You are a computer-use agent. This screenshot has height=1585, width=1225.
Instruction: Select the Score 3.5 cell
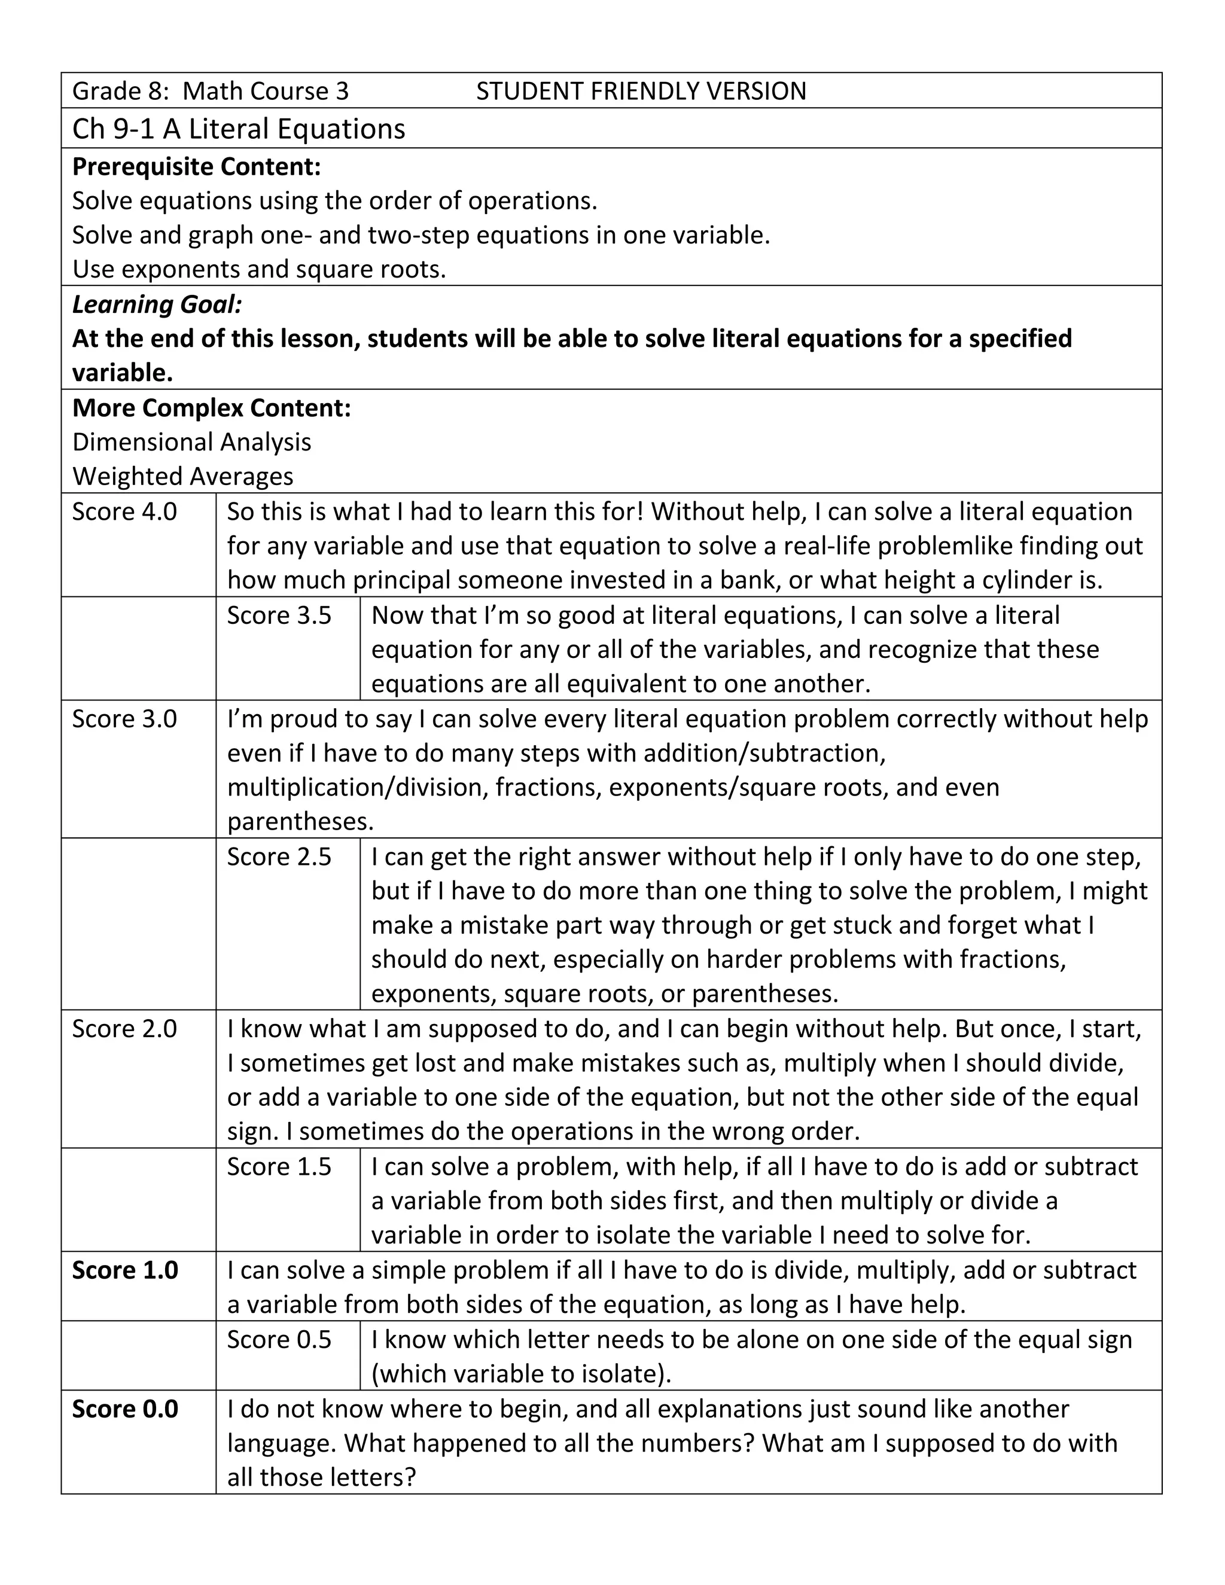tap(279, 615)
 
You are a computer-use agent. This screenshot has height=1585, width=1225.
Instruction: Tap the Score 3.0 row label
tap(124, 718)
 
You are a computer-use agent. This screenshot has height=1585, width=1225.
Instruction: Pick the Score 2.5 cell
tap(279, 856)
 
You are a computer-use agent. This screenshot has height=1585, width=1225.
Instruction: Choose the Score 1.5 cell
tap(279, 1166)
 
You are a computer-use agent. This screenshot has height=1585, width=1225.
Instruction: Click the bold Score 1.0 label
tap(125, 1270)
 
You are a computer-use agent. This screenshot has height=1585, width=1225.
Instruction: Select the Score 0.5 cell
tap(279, 1339)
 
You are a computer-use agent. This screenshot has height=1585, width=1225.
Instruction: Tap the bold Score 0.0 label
tap(125, 1409)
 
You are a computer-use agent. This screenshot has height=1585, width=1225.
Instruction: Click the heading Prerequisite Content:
tap(197, 167)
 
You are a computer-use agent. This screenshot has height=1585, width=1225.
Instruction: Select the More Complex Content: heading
tap(211, 408)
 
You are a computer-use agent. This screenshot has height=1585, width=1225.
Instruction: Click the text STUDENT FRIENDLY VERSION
tap(641, 92)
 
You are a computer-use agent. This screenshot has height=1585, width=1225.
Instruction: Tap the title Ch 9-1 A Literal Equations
tap(239, 129)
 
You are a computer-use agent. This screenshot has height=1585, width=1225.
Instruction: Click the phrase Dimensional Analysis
tap(191, 442)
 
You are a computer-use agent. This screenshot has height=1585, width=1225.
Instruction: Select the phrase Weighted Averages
tap(183, 476)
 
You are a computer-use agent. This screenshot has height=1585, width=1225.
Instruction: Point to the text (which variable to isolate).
tap(521, 1373)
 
